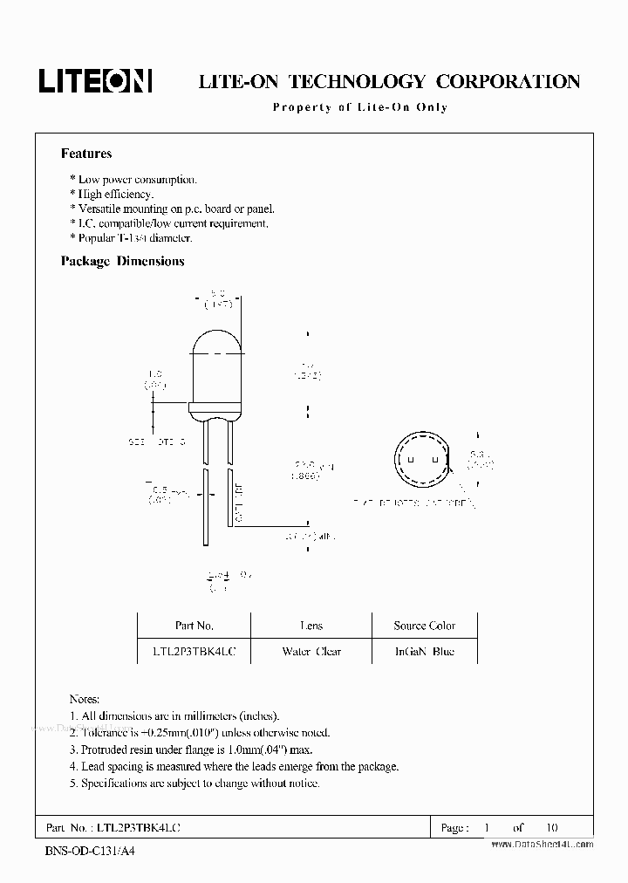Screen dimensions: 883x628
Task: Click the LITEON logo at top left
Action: point(95,80)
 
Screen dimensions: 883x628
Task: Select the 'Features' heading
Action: point(85,154)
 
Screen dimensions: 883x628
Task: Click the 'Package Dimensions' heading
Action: point(122,261)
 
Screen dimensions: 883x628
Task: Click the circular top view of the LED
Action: point(422,462)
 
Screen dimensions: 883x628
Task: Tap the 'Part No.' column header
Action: point(194,626)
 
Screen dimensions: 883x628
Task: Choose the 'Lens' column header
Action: point(311,626)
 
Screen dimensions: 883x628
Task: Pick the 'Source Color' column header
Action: point(424,626)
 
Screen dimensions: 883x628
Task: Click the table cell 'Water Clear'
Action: point(311,652)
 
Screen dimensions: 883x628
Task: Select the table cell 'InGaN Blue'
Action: point(424,652)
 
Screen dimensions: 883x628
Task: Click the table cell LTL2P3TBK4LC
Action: point(194,652)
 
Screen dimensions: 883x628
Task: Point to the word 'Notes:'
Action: point(85,700)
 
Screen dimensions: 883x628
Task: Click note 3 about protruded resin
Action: point(190,750)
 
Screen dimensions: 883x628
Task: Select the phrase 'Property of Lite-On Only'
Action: point(359,107)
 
